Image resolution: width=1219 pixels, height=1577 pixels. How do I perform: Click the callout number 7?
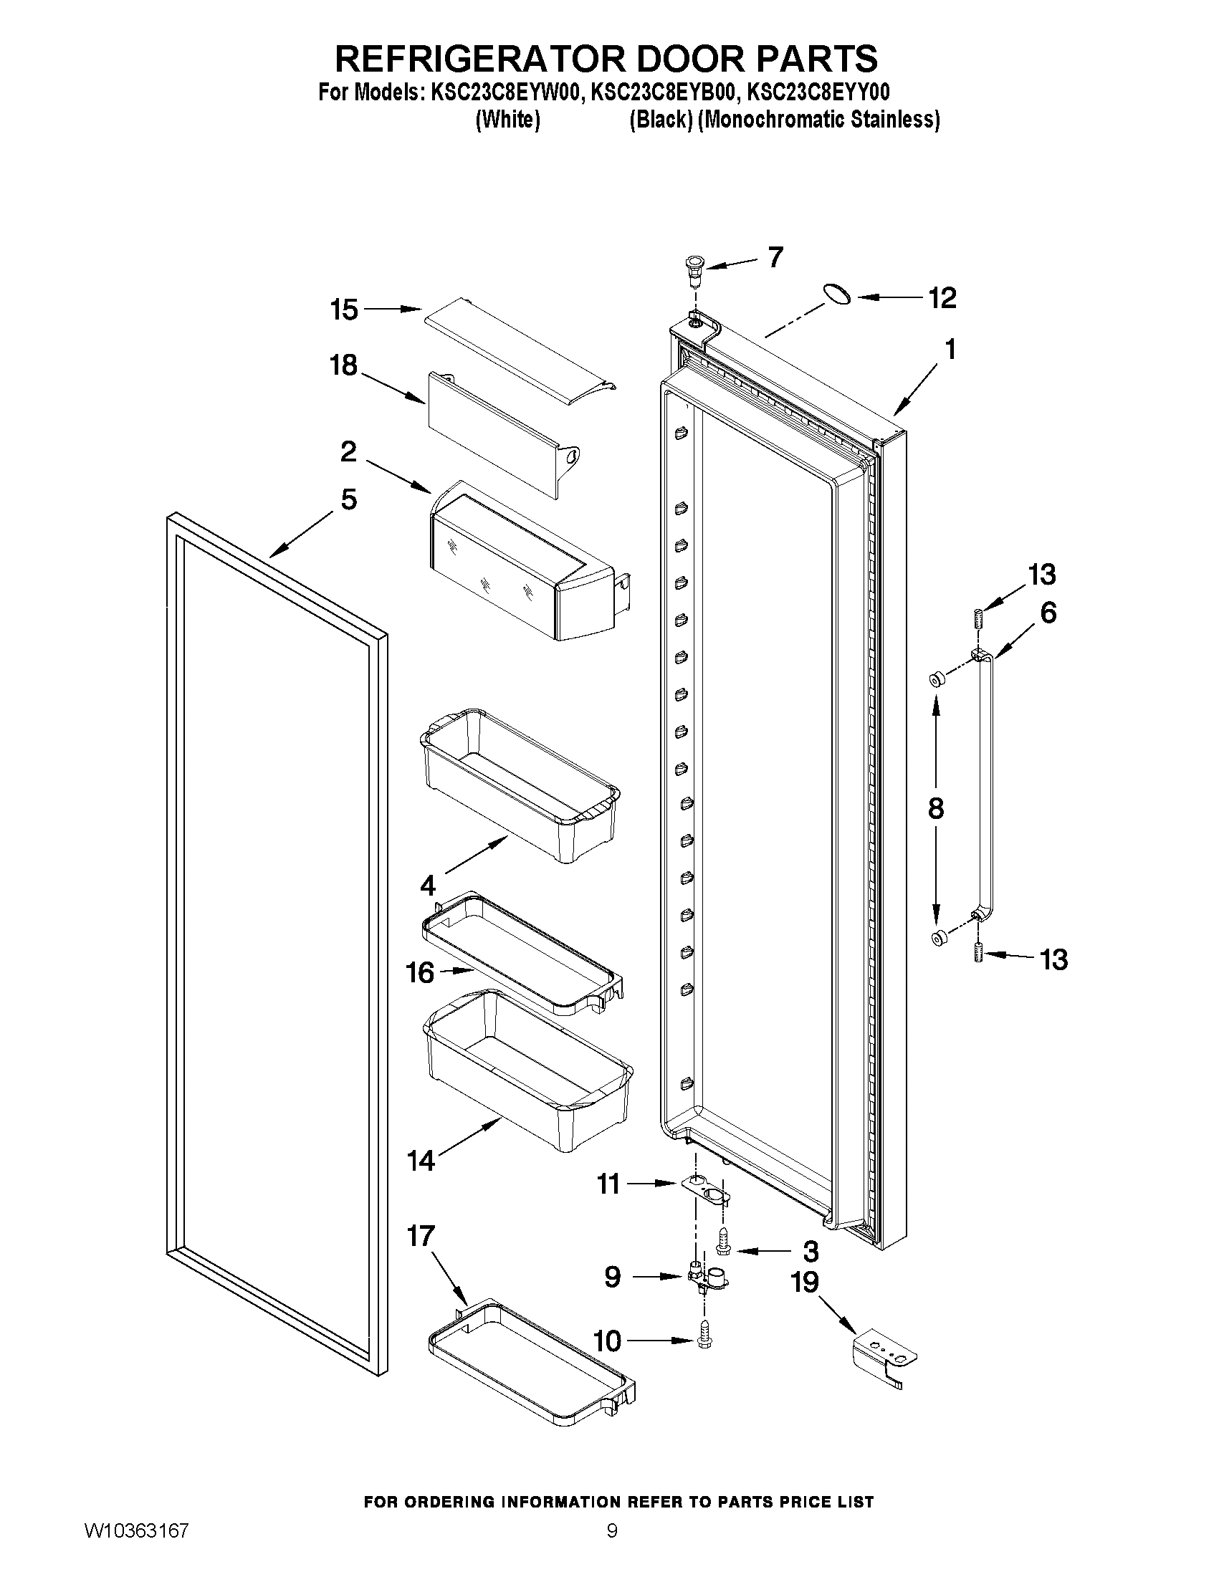point(775,257)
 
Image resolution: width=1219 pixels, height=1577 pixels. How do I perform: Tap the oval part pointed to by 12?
point(836,294)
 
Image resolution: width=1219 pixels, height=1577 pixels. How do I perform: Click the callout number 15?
point(344,310)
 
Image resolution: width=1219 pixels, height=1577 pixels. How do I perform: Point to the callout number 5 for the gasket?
point(349,499)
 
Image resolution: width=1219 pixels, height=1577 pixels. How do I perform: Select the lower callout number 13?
point(1053,959)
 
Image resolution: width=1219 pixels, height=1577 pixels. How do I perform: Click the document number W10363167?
point(136,1550)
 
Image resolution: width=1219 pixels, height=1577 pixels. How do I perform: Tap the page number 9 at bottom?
point(612,1550)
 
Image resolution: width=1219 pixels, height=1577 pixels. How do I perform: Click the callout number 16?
point(419,972)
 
